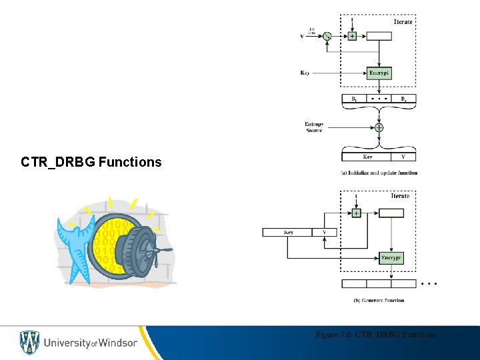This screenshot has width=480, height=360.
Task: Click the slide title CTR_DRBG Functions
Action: click(91, 162)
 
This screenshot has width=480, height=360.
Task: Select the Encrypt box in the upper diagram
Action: click(379, 73)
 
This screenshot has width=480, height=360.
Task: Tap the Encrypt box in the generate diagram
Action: click(391, 257)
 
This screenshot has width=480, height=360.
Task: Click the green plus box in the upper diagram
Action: click(353, 36)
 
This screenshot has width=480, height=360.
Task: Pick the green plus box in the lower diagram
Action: click(355, 213)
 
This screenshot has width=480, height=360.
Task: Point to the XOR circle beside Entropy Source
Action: click(379, 127)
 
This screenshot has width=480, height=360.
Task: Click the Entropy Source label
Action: click(313, 127)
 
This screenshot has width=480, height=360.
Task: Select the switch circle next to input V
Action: click(327, 36)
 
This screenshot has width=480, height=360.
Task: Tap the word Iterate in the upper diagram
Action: click(403, 22)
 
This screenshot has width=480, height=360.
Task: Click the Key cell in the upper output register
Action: click(367, 157)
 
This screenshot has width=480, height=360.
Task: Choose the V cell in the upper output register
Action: click(403, 157)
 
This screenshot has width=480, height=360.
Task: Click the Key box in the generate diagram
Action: click(288, 232)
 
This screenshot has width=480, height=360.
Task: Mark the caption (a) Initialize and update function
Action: click(379, 173)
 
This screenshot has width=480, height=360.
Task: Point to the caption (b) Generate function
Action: click(379, 301)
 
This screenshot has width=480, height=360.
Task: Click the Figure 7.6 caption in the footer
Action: click(376, 334)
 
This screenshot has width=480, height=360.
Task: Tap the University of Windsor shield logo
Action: click(29, 343)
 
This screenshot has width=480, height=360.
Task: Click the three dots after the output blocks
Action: click(430, 283)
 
